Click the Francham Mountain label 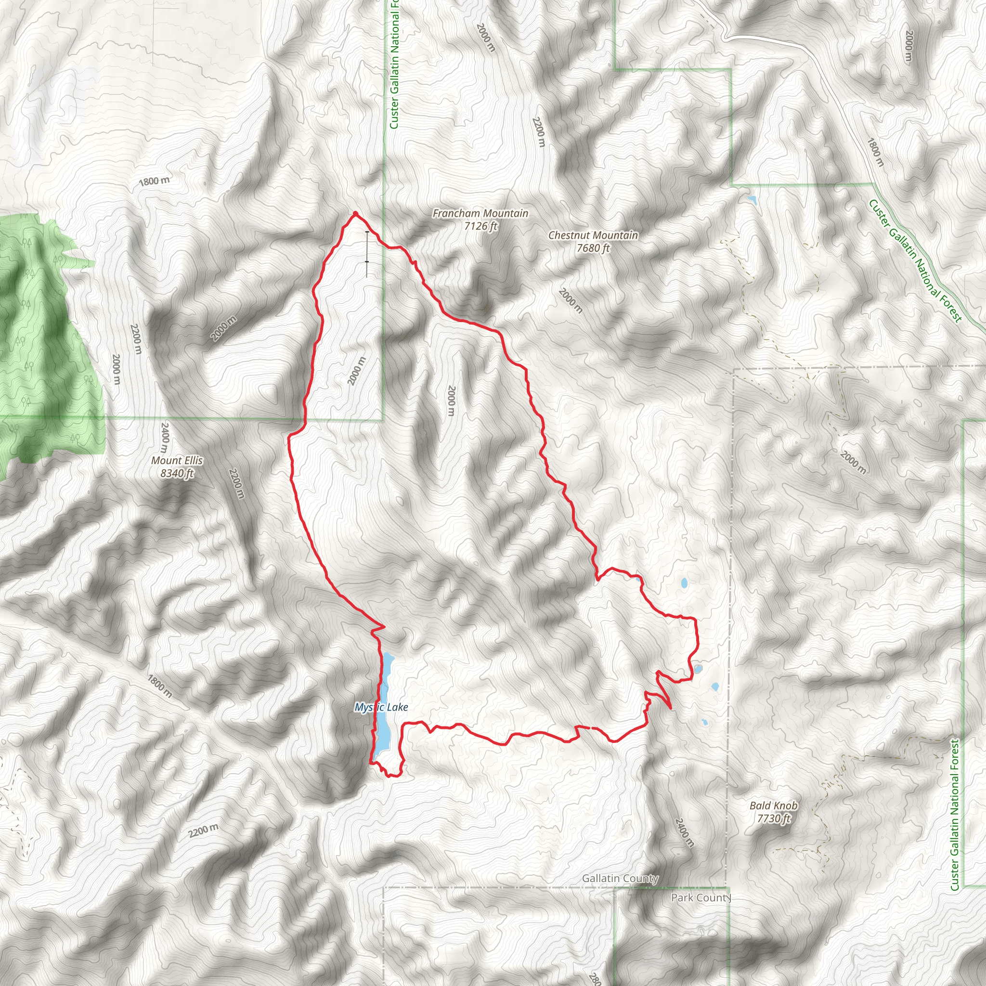point(480,213)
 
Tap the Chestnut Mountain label point(593,235)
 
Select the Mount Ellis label point(177,460)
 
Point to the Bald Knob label point(773,805)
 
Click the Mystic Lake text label point(381,707)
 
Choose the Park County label point(701,897)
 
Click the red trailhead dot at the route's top point(355,214)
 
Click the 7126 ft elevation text point(480,226)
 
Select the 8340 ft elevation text point(177,474)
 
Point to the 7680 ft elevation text point(593,248)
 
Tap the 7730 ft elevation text point(773,818)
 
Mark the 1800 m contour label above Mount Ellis point(154,181)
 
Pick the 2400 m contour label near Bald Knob point(684,832)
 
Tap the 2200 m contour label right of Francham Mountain point(538,131)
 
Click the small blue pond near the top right point(751,199)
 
